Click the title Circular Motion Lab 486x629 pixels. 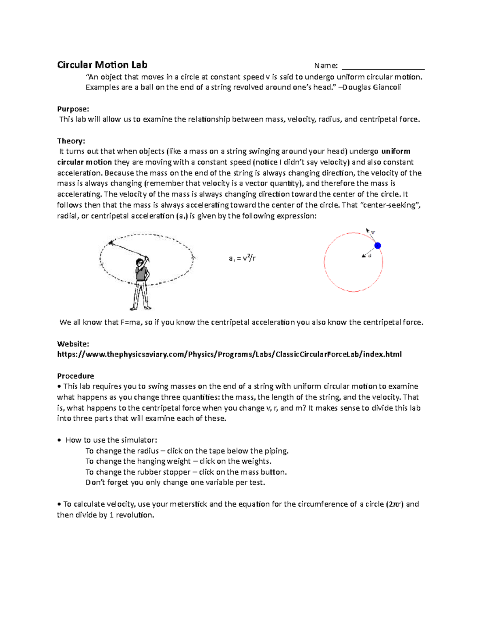coord(102,65)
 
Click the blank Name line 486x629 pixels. coord(383,66)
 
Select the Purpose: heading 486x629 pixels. coord(73,109)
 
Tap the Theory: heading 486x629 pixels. coord(71,141)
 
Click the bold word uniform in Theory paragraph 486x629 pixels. coord(396,151)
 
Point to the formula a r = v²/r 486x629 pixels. coord(242,258)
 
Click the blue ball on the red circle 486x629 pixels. coord(377,245)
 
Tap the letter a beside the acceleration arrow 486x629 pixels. coord(369,256)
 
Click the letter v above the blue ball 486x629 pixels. coord(373,232)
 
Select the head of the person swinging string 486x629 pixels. coord(140,263)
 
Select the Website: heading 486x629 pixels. coord(73,344)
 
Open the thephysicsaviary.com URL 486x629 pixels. coord(229,354)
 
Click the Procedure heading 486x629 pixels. coord(75,376)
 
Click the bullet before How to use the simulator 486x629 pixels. coord(59,440)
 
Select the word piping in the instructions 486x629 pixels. coord(276,451)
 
